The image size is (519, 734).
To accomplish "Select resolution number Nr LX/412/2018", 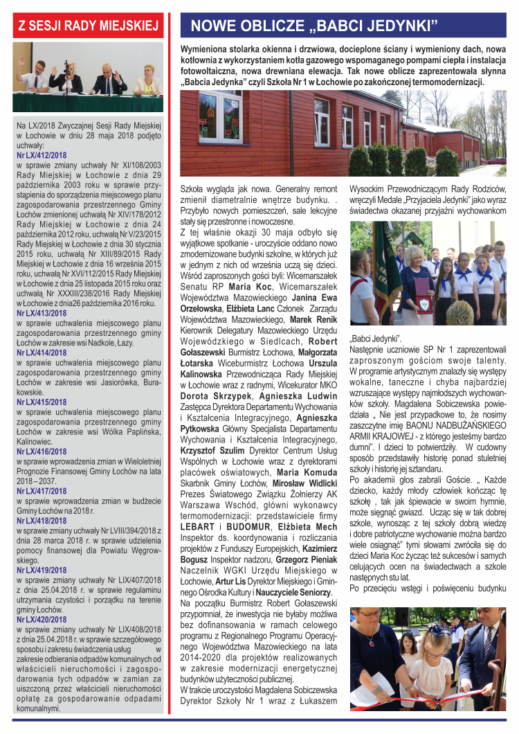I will (42, 156).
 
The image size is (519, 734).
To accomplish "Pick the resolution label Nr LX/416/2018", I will (42, 451).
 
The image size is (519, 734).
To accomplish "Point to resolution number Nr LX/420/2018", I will (42, 619).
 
